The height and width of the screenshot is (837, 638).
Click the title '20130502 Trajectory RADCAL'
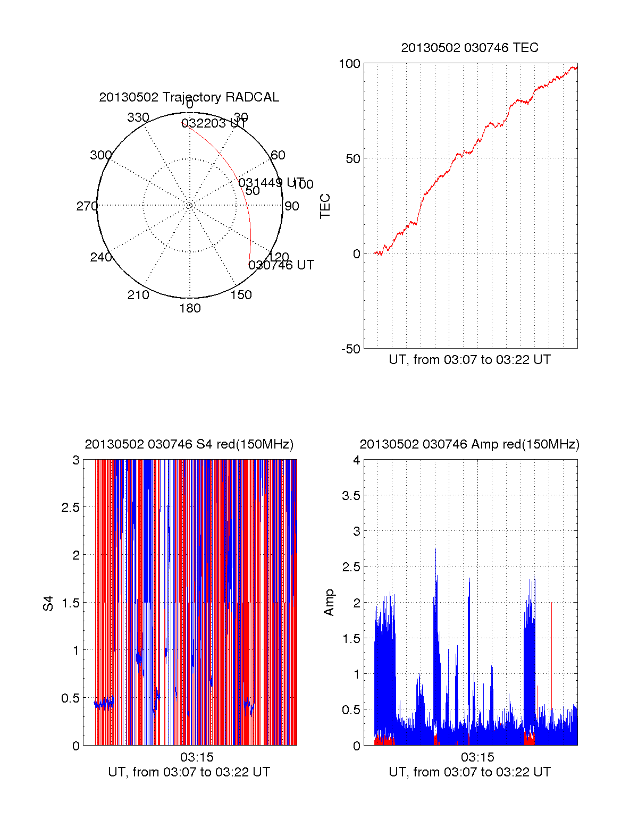coord(189,97)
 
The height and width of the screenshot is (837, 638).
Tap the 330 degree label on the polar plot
coord(138,117)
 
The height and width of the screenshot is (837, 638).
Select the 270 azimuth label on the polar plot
coord(87,206)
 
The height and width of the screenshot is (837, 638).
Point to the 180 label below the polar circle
coord(190,308)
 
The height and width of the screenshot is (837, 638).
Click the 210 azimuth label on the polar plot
coord(138,295)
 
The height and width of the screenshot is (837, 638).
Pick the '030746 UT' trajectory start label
coord(281,265)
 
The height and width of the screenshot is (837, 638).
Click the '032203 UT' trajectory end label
coord(214,123)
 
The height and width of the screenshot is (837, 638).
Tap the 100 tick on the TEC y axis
coord(349,64)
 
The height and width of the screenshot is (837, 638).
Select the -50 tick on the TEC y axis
coord(350,349)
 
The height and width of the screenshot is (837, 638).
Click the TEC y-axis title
coord(325,206)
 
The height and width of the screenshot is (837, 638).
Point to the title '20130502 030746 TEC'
coord(469,48)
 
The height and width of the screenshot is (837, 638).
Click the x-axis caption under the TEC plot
coord(469,360)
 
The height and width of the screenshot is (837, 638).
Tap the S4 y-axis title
coord(48,603)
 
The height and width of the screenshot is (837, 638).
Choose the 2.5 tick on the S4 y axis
coord(71,508)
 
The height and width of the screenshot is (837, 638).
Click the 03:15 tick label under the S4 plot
coord(196,757)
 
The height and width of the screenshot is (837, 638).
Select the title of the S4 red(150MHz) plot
coord(189,444)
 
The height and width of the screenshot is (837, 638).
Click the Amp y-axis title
coord(329,603)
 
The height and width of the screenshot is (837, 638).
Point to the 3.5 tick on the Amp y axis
coord(351,496)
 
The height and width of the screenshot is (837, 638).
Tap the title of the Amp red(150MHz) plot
coord(469,444)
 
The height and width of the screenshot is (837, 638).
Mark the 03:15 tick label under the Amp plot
coord(477,757)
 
